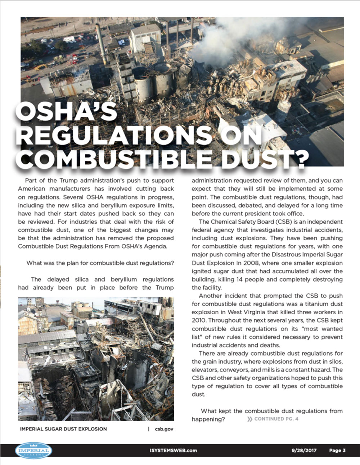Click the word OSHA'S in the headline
[66, 112]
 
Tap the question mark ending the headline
[298, 158]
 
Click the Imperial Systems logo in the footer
[34, 451]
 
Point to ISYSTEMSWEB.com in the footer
[173, 450]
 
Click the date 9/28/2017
[304, 450]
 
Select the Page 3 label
[337, 450]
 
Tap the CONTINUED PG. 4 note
[276, 419]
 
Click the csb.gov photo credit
[164, 429]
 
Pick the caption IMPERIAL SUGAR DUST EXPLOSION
[63, 429]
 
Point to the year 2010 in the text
[199, 320]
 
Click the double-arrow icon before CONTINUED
[249, 419]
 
